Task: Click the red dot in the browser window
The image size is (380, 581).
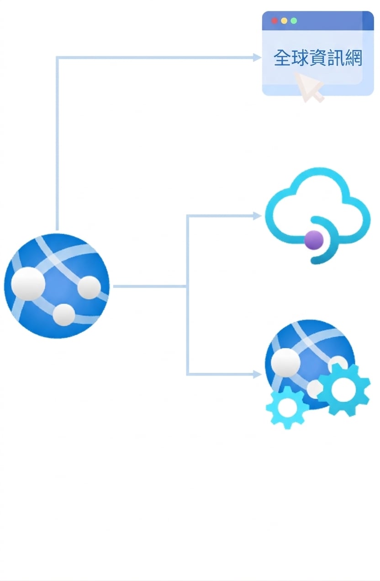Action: click(274, 21)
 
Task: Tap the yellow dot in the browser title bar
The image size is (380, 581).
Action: click(284, 21)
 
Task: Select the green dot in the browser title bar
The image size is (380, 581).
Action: click(294, 21)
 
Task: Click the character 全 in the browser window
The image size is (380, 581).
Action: click(282, 58)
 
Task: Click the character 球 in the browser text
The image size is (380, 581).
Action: click(299, 58)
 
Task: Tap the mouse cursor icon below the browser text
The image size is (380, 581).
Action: click(309, 87)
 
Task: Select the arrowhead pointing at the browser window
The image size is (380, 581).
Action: click(257, 58)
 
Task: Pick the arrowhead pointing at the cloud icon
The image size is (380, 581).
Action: click(257, 215)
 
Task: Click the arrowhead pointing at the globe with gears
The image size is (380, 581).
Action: click(257, 374)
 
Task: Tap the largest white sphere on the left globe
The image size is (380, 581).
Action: click(28, 283)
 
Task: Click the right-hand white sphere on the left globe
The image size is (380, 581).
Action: click(89, 287)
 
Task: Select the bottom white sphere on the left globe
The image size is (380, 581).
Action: click(64, 314)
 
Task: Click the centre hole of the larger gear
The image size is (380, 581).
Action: click(343, 390)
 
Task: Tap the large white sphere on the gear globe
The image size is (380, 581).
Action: click(285, 362)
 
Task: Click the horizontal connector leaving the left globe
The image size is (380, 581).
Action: click(150, 286)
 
